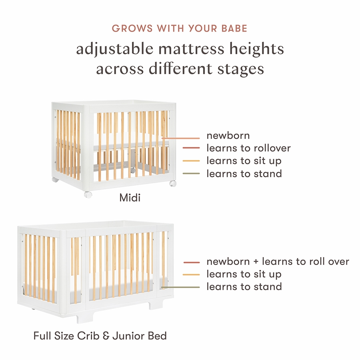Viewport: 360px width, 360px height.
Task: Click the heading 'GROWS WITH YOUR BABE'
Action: click(180, 28)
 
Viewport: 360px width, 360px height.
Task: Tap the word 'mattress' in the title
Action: click(191, 49)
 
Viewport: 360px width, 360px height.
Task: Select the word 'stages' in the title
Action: click(241, 69)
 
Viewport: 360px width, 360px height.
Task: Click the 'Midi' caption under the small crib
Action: click(130, 198)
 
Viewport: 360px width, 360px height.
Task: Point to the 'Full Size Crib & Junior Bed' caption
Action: click(100, 336)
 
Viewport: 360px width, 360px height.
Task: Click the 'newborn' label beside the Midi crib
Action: click(228, 136)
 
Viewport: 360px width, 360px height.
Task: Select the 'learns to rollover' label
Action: click(248, 148)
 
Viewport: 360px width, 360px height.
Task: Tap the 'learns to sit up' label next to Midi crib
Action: click(244, 161)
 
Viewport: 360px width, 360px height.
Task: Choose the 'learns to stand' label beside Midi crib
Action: click(244, 174)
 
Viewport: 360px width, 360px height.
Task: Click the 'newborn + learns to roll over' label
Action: click(278, 262)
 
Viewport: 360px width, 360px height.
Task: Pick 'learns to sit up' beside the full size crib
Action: click(244, 274)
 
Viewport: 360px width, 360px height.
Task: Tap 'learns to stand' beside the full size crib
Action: click(244, 287)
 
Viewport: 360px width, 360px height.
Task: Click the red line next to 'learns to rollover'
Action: click(191, 148)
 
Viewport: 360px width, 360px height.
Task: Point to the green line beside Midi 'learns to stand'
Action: click(191, 173)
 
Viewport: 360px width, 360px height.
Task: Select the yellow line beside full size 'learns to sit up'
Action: click(192, 274)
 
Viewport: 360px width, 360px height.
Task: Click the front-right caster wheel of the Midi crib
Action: click(173, 183)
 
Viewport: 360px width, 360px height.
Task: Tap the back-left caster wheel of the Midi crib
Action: click(55, 179)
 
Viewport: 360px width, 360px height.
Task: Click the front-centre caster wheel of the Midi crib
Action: click(88, 195)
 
